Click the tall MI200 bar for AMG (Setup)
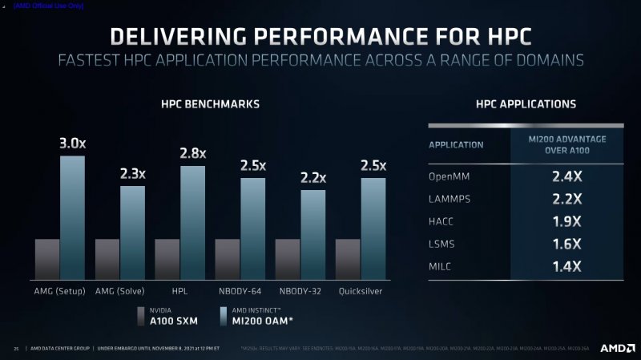pyautogui.click(x=72, y=216)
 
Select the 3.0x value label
pyautogui.click(x=73, y=144)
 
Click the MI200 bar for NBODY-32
pyautogui.click(x=313, y=233)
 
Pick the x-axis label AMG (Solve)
pyautogui.click(x=119, y=290)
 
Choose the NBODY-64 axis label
pyautogui.click(x=240, y=290)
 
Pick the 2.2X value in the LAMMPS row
pyautogui.click(x=566, y=198)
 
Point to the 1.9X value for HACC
pyautogui.click(x=566, y=221)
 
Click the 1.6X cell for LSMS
pyautogui.click(x=566, y=244)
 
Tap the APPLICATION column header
pyautogui.click(x=456, y=145)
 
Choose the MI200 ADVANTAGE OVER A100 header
pyautogui.click(x=566, y=144)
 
